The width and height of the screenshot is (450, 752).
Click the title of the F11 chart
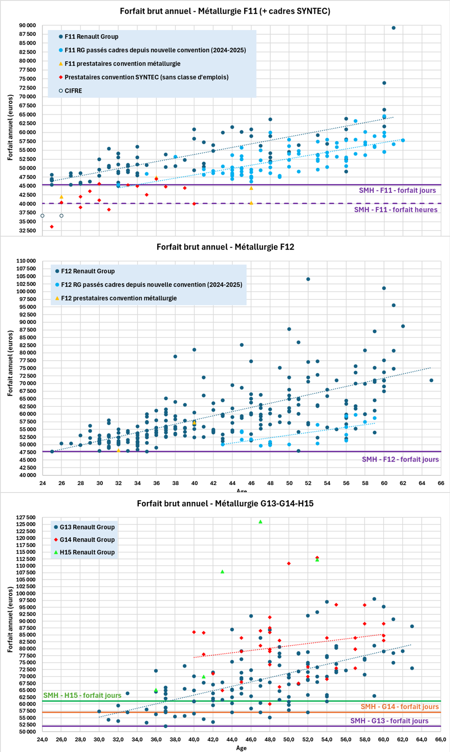click(225, 11)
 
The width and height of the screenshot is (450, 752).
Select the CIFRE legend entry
click(73, 91)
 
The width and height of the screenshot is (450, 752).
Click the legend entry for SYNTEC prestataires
click(146, 77)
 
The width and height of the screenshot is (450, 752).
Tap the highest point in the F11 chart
click(393, 28)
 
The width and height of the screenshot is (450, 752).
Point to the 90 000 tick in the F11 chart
click(27, 25)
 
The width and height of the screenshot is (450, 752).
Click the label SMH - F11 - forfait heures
click(396, 210)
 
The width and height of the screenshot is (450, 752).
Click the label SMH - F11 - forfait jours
click(397, 190)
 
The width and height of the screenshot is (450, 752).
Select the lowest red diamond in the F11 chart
click(52, 227)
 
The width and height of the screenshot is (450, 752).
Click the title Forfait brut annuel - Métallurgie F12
click(225, 247)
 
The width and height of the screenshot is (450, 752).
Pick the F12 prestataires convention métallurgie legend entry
click(119, 298)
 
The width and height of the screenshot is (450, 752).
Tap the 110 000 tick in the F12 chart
click(25, 261)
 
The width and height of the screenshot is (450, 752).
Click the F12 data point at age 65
click(431, 381)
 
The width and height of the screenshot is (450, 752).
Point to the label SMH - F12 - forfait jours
click(400, 459)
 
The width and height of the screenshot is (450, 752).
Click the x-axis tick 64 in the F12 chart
click(422, 483)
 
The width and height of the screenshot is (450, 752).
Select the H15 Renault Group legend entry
click(87, 552)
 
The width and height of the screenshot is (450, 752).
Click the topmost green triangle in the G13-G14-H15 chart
click(261, 522)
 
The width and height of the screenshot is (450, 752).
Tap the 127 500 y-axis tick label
click(25, 518)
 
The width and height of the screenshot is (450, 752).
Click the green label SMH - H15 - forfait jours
click(82, 695)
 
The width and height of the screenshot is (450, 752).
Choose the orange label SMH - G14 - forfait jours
click(399, 707)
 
